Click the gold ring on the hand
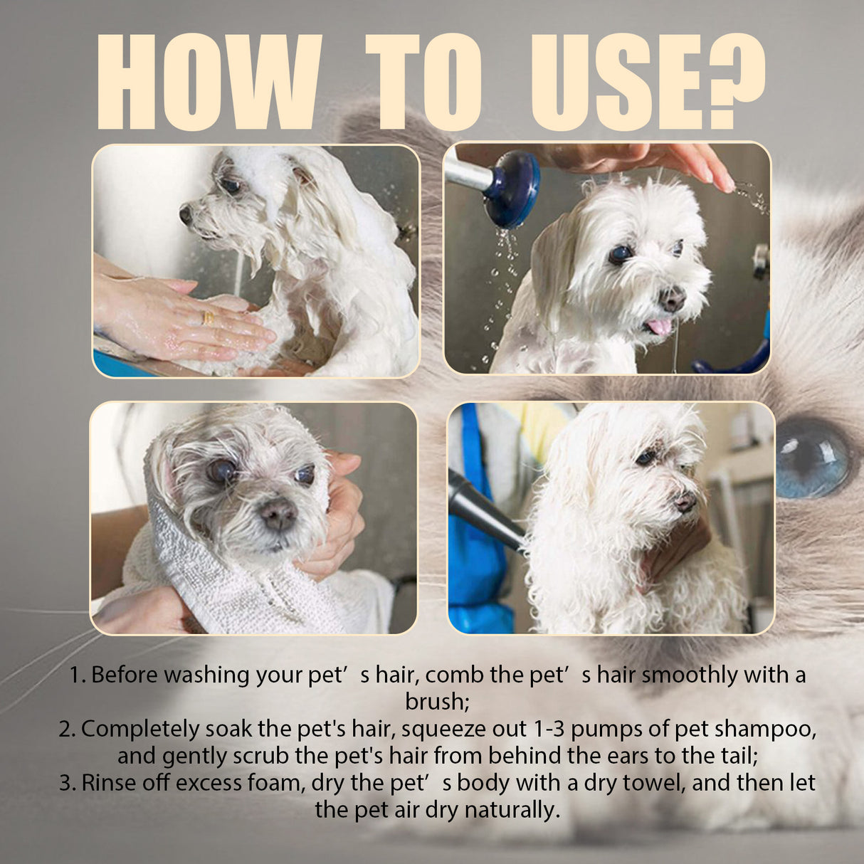tap(209, 318)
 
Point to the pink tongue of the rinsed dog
tap(659, 327)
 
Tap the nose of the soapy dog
tap(186, 214)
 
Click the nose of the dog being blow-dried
tap(685, 502)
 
